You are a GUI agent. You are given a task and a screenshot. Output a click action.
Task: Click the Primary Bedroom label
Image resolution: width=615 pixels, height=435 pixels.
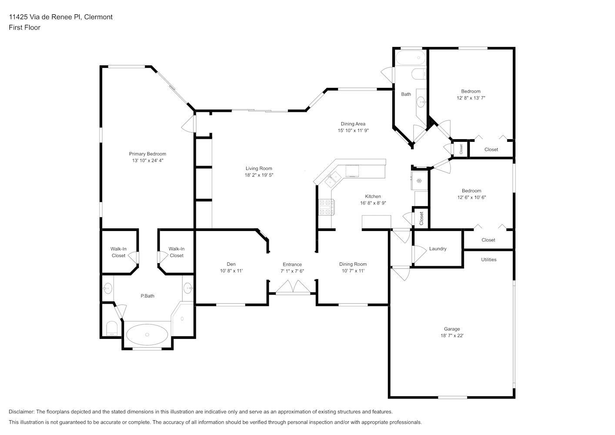pos(147,154)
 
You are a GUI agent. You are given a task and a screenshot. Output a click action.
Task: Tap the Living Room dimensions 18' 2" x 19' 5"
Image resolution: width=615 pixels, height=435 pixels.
pos(259,175)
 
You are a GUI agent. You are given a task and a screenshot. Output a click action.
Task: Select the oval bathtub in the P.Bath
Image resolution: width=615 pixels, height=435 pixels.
pos(147,335)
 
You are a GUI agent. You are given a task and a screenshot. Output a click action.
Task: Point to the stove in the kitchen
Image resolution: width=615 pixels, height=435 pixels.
pos(327,207)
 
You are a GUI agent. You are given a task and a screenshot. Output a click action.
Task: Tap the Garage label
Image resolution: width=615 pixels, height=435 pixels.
pos(452,329)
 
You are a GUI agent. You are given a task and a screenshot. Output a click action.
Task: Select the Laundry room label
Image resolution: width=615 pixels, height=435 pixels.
pos(438,248)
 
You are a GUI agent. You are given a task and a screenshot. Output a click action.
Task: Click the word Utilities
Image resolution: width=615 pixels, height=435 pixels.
pos(489,260)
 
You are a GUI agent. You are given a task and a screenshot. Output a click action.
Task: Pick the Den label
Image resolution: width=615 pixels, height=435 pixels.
pos(231,264)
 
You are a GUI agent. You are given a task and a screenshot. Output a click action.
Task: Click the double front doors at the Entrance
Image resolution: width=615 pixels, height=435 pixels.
pos(293,287)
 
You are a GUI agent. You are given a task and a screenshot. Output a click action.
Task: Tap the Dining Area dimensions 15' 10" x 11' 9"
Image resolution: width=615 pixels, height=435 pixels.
pos(353,130)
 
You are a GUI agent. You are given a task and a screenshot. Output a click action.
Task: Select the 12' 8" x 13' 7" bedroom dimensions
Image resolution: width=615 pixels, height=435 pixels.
pos(471,98)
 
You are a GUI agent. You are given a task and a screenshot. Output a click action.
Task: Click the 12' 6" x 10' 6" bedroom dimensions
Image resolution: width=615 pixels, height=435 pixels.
pos(471,197)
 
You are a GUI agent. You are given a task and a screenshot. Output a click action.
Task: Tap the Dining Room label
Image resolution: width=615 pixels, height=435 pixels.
pos(353,264)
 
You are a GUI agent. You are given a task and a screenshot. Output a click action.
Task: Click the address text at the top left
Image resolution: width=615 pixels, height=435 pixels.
pos(61,17)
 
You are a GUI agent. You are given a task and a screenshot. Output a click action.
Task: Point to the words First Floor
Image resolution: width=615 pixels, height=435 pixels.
pos(24,27)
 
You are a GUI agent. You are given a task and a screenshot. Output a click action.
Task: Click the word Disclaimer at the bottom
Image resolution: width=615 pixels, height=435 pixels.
pos(22,412)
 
